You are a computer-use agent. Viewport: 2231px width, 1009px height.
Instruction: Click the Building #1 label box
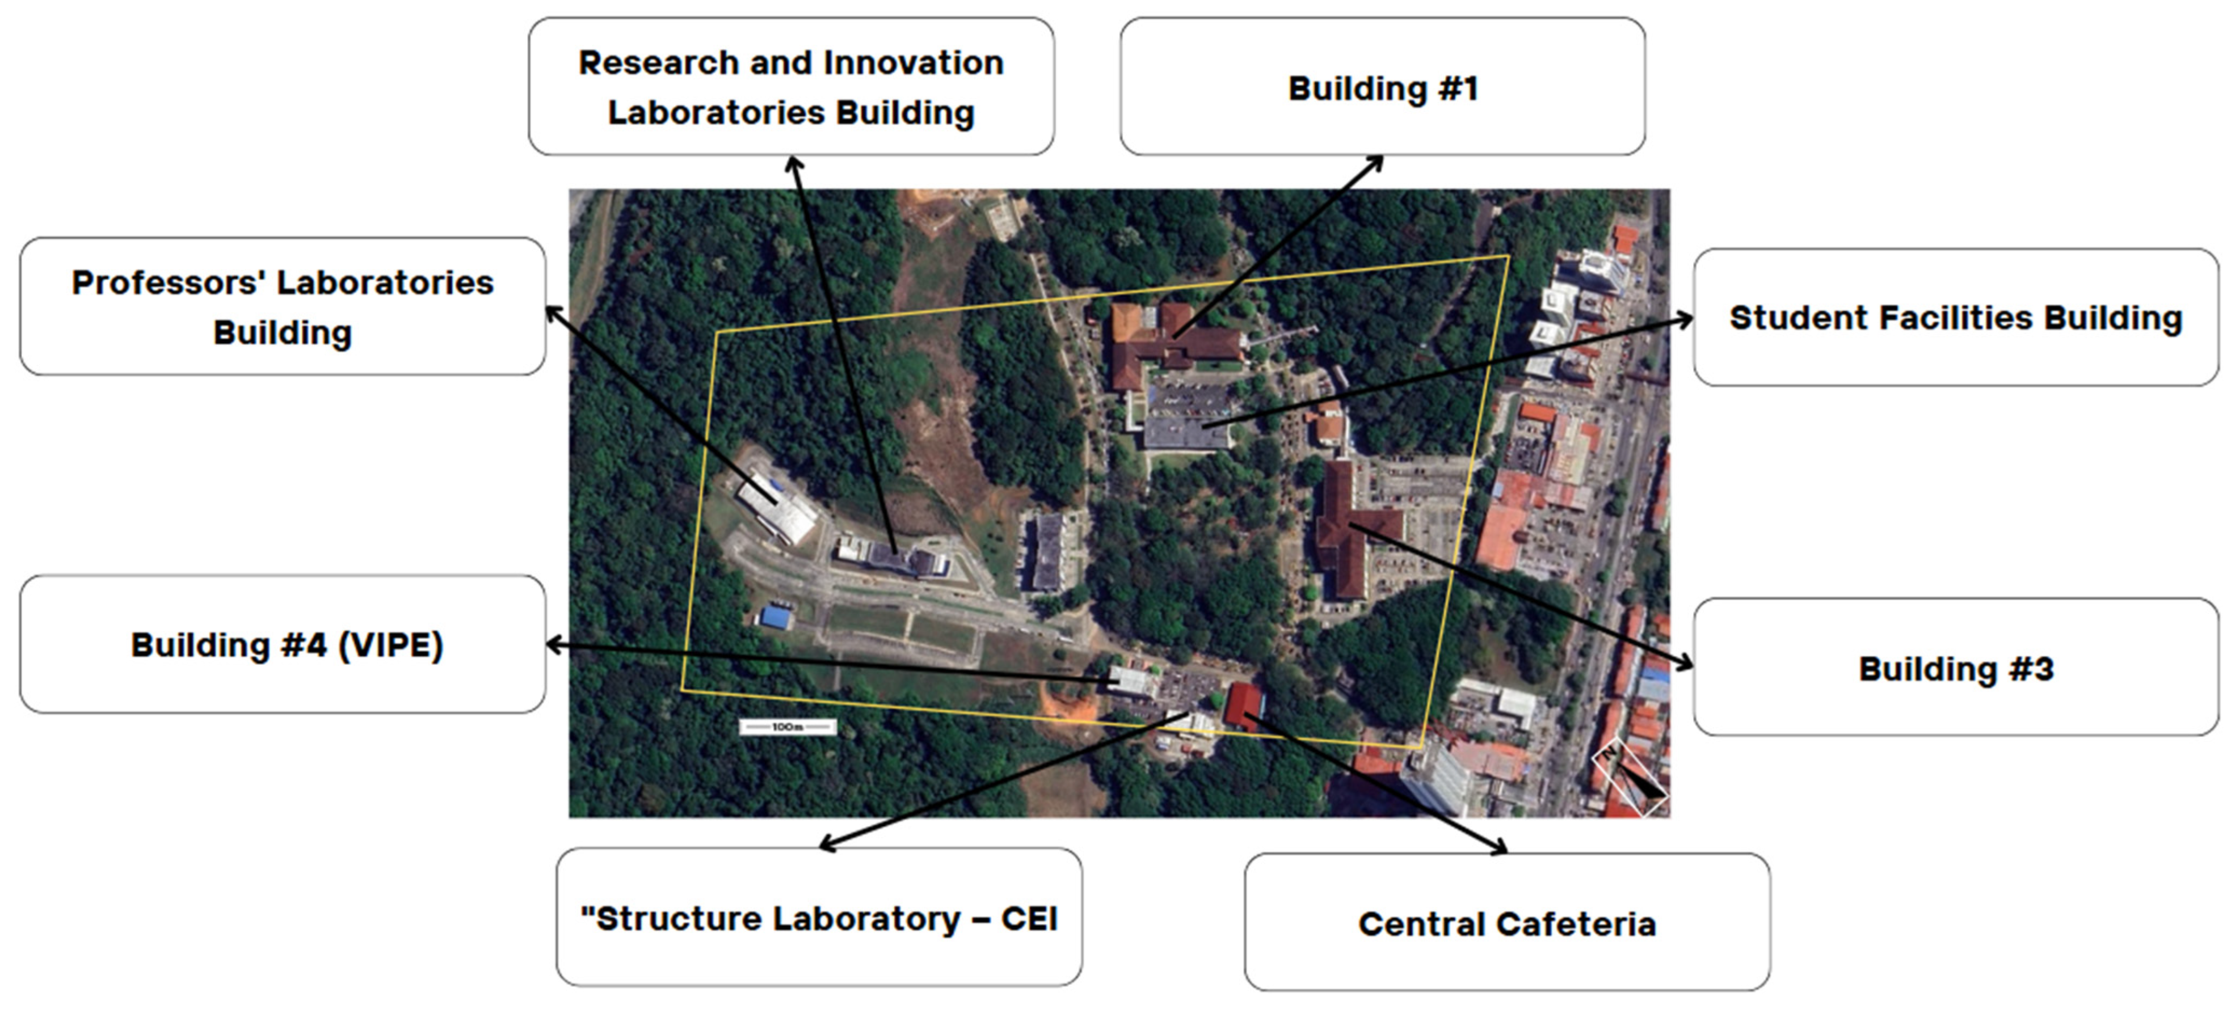pos(1382,87)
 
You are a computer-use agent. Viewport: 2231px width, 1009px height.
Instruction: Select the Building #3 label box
pos(1956,667)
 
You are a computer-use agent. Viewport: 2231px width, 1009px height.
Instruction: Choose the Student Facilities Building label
pos(1956,317)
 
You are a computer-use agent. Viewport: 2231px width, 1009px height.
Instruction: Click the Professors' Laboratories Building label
pos(283,307)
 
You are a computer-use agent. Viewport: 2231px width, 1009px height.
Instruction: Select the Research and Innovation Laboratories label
pos(791,87)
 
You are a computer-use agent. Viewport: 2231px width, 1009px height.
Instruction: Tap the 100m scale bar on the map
pos(787,727)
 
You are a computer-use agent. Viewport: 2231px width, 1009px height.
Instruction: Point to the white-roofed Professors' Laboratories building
pos(777,506)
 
